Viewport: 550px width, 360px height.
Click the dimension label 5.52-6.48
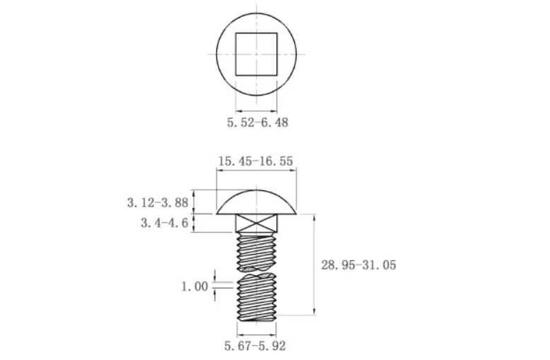click(x=258, y=122)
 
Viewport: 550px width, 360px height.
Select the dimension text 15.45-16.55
click(x=256, y=161)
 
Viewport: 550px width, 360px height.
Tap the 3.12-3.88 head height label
click(x=158, y=202)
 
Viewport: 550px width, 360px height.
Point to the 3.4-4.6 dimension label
click(x=165, y=223)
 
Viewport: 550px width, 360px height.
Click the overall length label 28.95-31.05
click(x=358, y=265)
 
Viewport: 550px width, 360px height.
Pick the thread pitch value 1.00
click(x=194, y=286)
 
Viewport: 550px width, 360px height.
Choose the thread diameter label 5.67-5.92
click(x=255, y=346)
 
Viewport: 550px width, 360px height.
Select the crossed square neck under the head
click(x=257, y=223)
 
